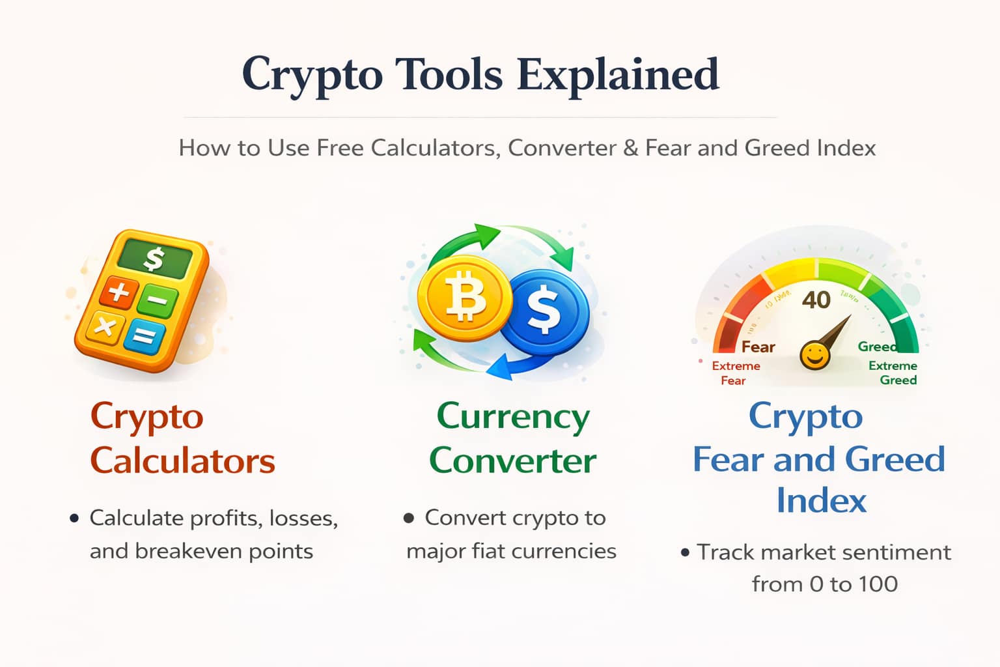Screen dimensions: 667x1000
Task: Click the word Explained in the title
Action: point(618,75)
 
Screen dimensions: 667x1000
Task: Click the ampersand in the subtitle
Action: point(630,149)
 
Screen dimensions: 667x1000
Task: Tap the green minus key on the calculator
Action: point(158,300)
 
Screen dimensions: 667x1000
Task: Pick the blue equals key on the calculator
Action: point(144,336)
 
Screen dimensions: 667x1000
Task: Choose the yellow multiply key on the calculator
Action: point(105,326)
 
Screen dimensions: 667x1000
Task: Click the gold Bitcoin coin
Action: point(464,298)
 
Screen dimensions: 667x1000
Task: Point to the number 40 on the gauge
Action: point(816,300)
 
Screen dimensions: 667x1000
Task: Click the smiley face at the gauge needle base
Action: point(814,356)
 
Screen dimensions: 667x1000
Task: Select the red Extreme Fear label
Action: point(736,373)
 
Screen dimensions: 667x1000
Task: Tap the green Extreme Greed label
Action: point(894,373)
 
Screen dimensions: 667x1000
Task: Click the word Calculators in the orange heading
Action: point(182,461)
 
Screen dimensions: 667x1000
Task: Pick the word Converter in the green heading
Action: point(512,461)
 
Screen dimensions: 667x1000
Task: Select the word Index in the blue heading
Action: point(821,501)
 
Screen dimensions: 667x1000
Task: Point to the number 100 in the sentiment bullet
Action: point(878,584)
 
